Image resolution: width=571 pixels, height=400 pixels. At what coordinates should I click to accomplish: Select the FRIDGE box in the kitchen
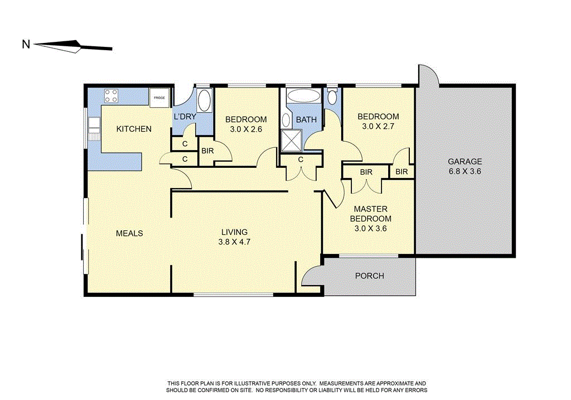(x=159, y=97)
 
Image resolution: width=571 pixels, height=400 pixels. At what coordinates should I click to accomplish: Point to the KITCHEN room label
(x=134, y=129)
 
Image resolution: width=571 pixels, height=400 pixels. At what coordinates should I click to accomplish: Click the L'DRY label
(x=184, y=117)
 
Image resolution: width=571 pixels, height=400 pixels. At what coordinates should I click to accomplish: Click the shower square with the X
(x=292, y=140)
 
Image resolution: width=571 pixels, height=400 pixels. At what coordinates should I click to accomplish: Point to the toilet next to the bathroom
(x=333, y=98)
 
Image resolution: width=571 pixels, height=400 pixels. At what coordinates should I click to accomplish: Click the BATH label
(x=306, y=119)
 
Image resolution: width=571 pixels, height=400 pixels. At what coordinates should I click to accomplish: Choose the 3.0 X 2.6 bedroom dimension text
(x=246, y=129)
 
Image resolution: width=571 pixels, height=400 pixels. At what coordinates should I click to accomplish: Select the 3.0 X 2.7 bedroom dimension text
(x=378, y=126)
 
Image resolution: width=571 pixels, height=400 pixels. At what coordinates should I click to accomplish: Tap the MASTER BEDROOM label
(x=370, y=214)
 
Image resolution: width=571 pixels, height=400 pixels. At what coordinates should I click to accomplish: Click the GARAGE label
(x=465, y=162)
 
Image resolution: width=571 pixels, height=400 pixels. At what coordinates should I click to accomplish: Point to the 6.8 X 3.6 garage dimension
(x=465, y=171)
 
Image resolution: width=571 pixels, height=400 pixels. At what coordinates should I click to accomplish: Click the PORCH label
(x=370, y=276)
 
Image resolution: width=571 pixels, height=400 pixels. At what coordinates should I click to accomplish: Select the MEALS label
(x=129, y=233)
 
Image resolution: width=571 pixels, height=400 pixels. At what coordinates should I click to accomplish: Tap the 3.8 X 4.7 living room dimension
(x=234, y=242)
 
